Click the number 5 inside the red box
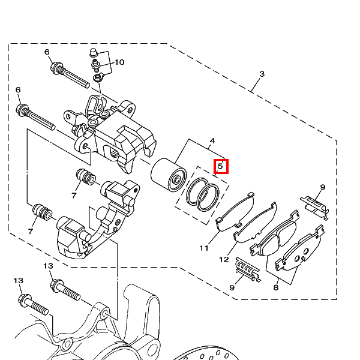220,166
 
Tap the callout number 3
262,74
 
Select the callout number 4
212,141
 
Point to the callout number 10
119,62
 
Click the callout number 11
204,248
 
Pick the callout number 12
224,260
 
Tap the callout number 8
276,287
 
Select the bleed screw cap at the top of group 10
93,52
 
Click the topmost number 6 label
47,52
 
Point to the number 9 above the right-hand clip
323,187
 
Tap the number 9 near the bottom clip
232,287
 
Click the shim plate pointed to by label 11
235,211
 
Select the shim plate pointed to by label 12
255,222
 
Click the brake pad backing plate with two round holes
299,248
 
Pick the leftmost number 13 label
19,281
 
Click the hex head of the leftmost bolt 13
25,300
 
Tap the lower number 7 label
31,231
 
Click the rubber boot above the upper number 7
86,176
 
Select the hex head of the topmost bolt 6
56,68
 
